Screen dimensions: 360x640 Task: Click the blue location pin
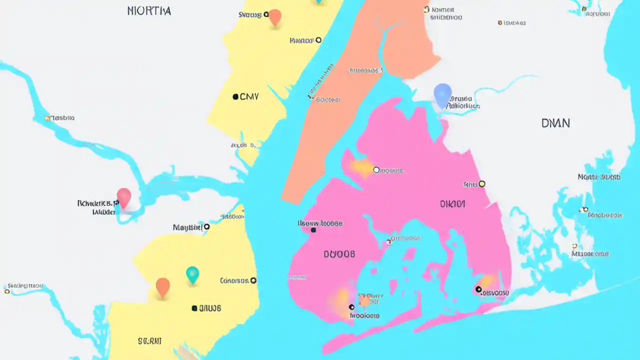[x=442, y=94]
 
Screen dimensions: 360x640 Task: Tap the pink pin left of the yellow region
[x=123, y=196]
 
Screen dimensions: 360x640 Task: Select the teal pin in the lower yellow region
[x=192, y=273]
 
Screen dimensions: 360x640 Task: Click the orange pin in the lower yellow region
[x=162, y=287]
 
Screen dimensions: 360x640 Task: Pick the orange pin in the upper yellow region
[x=275, y=17]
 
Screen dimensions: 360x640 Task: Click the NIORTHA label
[x=149, y=10]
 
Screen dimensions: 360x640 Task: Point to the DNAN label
[x=555, y=123]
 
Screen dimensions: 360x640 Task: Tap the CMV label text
[x=249, y=96]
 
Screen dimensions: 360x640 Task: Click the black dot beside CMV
[x=235, y=96]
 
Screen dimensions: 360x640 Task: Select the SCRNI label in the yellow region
[x=149, y=341]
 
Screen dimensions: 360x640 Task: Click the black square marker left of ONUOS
[x=194, y=308]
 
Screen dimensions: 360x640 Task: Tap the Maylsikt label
[x=187, y=227]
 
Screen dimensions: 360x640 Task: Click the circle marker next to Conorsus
[x=253, y=280]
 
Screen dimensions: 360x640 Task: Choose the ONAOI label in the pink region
[x=452, y=204]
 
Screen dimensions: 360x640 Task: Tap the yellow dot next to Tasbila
[x=47, y=118]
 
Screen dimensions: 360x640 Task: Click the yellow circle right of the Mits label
[x=482, y=184]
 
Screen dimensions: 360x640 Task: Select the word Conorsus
[x=234, y=280]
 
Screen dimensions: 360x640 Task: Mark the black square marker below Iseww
[x=313, y=230]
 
